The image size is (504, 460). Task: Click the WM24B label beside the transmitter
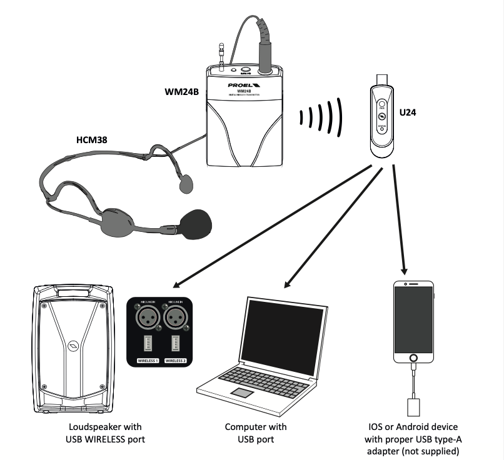point(181,92)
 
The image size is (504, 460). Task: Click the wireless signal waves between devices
point(322,117)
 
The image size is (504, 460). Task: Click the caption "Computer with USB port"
point(256,433)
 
